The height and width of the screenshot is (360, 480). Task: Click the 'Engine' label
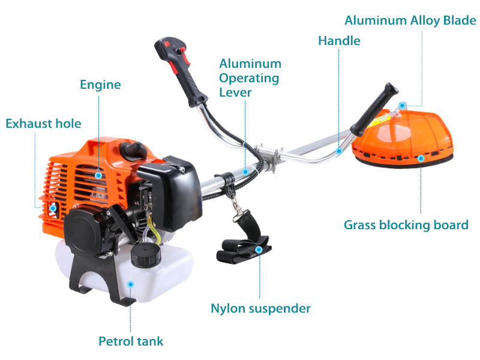click(x=100, y=85)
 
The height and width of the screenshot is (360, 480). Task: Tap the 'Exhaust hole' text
click(x=43, y=124)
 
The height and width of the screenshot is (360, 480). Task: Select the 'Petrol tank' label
click(x=131, y=341)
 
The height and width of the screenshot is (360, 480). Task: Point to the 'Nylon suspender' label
click(x=260, y=308)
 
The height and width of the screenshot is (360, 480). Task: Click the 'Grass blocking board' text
click(x=406, y=225)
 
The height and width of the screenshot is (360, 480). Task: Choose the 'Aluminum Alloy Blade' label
click(x=410, y=20)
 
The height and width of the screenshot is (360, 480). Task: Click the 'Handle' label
click(x=339, y=41)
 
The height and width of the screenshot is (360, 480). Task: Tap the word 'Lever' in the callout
click(x=235, y=92)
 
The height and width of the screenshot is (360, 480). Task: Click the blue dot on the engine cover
click(x=98, y=175)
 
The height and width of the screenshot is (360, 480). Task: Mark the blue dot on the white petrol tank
click(x=130, y=284)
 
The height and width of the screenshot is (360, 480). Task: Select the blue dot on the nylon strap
click(x=259, y=250)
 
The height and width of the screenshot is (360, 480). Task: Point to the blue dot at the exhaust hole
click(x=53, y=208)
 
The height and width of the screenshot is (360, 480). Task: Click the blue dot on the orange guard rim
click(x=421, y=158)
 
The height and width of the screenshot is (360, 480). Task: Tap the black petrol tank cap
click(x=146, y=256)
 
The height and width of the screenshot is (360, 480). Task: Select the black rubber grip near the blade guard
click(x=374, y=109)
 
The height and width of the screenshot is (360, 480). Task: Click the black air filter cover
click(x=170, y=193)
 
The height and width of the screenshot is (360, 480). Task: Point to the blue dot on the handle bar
click(x=338, y=151)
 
